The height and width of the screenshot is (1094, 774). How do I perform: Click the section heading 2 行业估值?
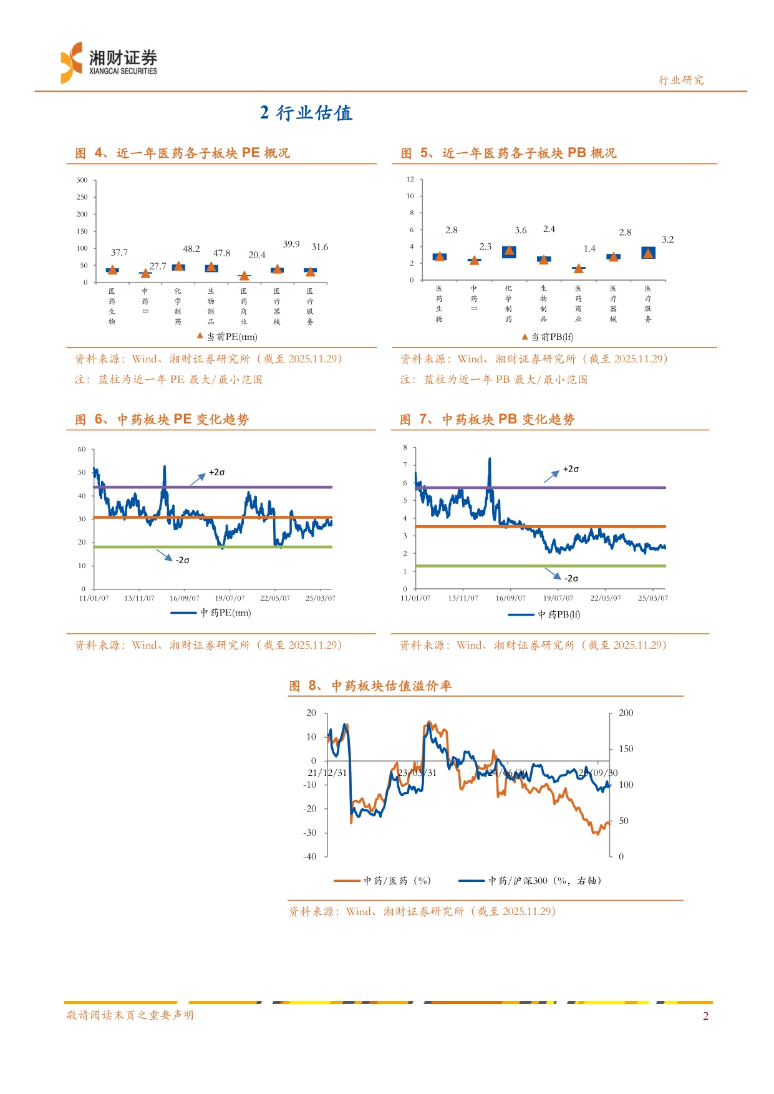306,113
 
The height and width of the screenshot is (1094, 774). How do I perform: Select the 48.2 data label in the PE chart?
191,249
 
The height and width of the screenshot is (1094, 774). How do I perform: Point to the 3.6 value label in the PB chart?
521,230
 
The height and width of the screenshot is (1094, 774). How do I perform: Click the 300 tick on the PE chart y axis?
82,180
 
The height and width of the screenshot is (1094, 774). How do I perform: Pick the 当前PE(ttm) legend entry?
228,337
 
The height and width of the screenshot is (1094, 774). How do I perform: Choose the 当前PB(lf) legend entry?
548,337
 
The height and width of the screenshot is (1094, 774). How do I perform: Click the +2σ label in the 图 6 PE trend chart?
216,472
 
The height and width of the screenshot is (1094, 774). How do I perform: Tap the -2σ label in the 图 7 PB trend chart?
571,578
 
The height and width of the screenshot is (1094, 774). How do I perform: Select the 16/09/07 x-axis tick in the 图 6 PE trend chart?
185,598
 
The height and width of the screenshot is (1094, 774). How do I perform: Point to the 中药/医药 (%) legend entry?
383,881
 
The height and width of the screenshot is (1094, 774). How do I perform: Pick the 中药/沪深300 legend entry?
530,881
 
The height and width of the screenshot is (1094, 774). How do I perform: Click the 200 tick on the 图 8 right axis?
626,713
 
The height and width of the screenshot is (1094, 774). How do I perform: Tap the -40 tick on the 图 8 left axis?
310,856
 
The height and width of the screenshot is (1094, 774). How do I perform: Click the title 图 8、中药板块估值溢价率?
370,686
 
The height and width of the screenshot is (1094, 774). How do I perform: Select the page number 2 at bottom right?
705,1016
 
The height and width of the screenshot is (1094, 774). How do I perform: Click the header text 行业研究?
681,80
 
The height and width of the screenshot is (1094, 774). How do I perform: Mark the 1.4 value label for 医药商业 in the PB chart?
589,249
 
